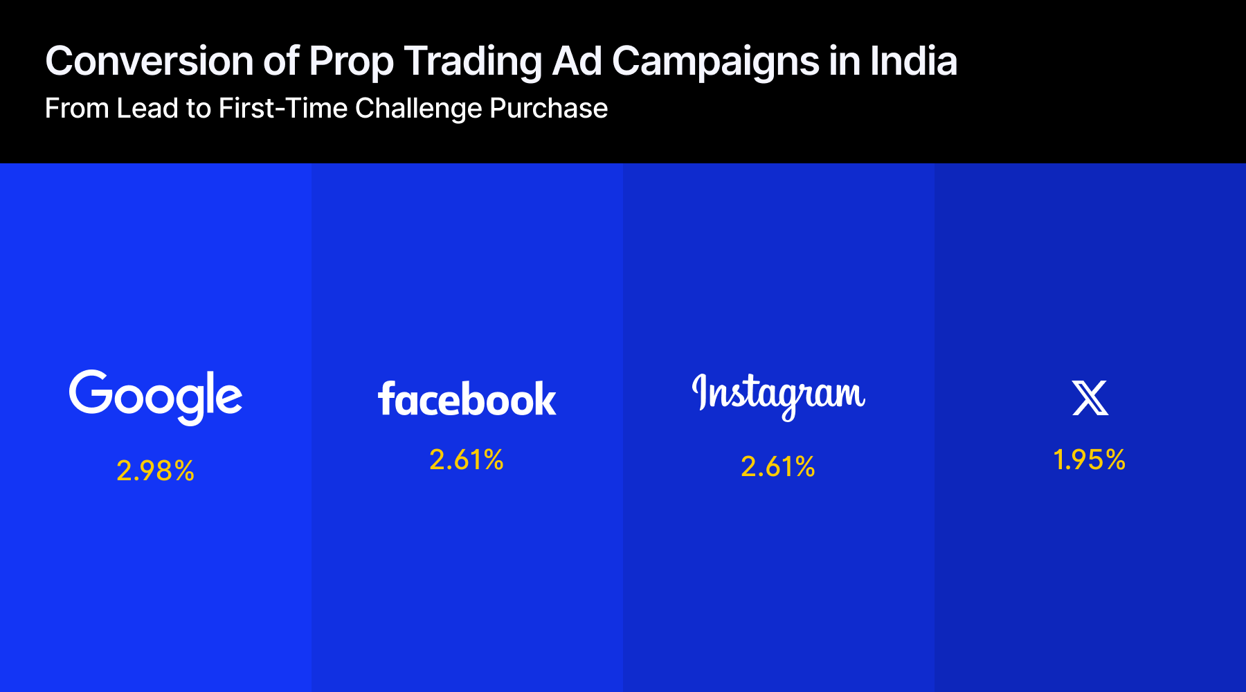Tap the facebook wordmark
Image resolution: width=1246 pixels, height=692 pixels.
point(467,399)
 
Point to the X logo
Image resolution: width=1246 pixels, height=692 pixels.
point(1090,398)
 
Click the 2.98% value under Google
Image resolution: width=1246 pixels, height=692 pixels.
point(155,471)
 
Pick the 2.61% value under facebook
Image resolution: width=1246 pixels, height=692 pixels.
point(467,460)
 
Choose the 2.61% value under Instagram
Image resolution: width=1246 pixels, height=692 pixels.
point(778,467)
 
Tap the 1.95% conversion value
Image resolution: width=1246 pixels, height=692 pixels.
point(1090,460)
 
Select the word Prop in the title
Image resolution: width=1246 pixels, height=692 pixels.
point(351,62)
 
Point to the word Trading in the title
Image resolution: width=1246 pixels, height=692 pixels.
point(473,62)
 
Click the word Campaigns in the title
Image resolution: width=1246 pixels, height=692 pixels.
point(716,62)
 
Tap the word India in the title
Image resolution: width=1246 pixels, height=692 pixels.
point(914,61)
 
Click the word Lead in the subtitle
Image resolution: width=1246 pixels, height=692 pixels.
point(147,109)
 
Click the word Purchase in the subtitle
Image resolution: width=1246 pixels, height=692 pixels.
point(548,109)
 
